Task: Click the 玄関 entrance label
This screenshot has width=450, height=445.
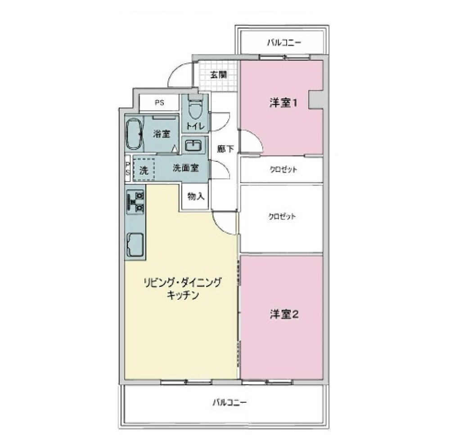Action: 217,75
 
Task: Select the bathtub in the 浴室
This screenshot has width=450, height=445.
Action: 134,134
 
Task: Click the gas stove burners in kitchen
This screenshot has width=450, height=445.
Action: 136,201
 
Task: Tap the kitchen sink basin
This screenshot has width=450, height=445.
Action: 135,245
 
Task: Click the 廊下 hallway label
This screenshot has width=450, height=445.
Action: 225,149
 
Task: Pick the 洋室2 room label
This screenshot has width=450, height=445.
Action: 284,314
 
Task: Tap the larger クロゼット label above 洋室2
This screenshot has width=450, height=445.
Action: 282,216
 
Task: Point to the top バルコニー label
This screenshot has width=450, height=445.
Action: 283,43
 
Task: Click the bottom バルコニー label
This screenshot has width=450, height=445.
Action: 230,401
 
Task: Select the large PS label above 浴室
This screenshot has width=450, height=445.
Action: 159,103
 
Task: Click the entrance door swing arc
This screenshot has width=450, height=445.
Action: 178,74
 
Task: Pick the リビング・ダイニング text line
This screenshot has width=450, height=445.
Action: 182,283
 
